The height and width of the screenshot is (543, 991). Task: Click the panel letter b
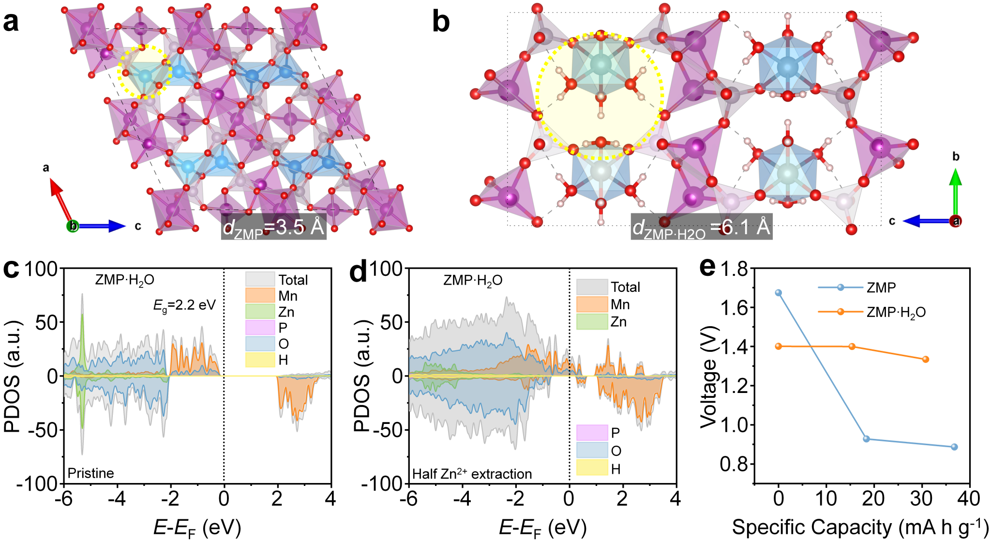coord(441,22)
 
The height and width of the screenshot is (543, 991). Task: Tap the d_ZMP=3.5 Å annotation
coord(273,227)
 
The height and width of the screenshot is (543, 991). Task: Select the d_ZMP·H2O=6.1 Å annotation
coord(701,226)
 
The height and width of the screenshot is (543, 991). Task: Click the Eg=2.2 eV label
coord(184,305)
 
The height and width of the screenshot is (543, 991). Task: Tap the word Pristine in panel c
coord(91,473)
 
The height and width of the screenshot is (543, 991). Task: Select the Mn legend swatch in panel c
coord(260,296)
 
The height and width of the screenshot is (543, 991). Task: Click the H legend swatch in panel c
coord(260,360)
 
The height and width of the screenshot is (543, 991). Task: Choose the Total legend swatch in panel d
coord(591,287)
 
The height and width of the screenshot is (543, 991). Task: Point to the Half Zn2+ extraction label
coord(472,474)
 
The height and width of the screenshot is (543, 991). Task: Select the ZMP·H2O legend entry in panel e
coord(871,312)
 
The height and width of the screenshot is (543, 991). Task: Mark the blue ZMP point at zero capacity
coord(779,293)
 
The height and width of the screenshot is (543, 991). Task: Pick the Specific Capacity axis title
coord(860,527)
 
